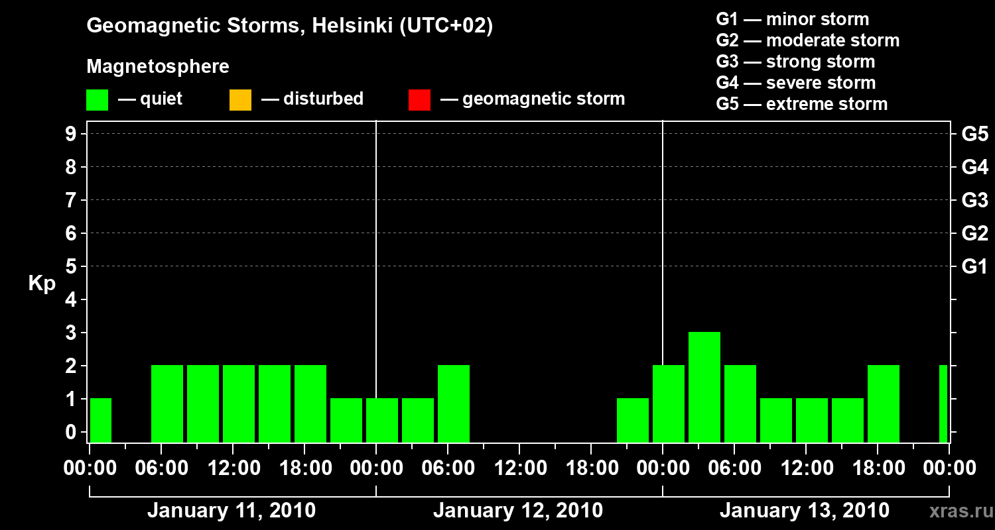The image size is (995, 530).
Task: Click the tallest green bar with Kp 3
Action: (x=704, y=387)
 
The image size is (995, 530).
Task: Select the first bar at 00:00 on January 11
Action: (x=101, y=420)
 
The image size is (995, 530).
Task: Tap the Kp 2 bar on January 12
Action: (x=454, y=403)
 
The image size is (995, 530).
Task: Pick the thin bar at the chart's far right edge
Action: (x=943, y=403)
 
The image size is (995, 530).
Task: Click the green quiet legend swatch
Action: (x=97, y=100)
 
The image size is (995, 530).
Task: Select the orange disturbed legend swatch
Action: (x=240, y=100)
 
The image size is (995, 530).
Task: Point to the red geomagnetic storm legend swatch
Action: (x=419, y=100)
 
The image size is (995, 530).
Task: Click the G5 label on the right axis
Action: (x=974, y=134)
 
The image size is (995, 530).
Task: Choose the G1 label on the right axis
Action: (x=974, y=266)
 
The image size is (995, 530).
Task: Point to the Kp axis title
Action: (x=42, y=284)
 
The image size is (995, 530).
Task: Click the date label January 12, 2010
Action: (x=518, y=511)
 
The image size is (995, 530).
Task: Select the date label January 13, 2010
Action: (x=805, y=511)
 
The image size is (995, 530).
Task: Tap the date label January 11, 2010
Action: (x=232, y=511)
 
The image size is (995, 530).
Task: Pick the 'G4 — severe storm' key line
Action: (x=796, y=83)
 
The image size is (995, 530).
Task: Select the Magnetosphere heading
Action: (x=158, y=67)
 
